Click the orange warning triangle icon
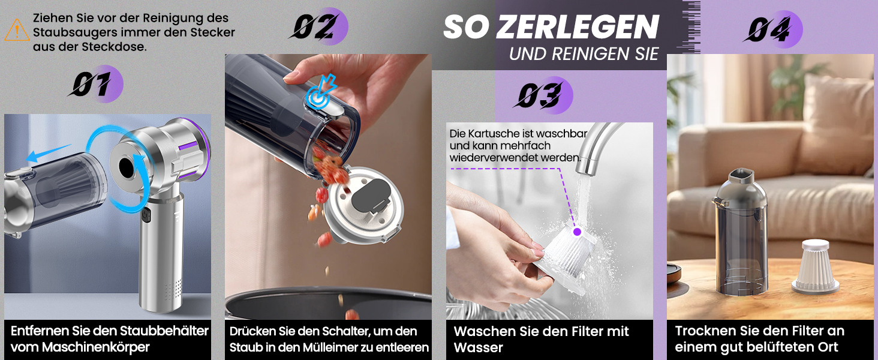pyautogui.click(x=17, y=30)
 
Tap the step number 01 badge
pyautogui.click(x=96, y=84)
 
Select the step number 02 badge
pyautogui.click(x=318, y=26)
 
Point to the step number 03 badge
pyautogui.click(x=543, y=95)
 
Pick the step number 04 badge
pyautogui.click(x=773, y=29)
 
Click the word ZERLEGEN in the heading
pyautogui.click(x=578, y=27)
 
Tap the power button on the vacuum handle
pyautogui.click(x=145, y=215)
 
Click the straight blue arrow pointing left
pyautogui.click(x=48, y=154)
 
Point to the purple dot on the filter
pyautogui.click(x=577, y=232)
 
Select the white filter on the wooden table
pyautogui.click(x=815, y=266)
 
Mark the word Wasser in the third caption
pyautogui.click(x=478, y=347)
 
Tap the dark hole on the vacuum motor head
pyautogui.click(x=127, y=167)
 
